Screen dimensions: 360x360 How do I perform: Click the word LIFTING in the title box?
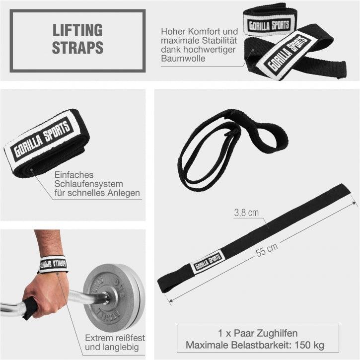coord(77,30)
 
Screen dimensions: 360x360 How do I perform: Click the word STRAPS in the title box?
coord(78,48)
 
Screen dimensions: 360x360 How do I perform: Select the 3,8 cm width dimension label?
coord(246,213)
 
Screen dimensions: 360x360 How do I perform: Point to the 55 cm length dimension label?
coord(267,251)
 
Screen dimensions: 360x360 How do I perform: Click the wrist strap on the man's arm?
coord(53,264)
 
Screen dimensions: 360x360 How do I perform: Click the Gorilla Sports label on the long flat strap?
coord(207,261)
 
